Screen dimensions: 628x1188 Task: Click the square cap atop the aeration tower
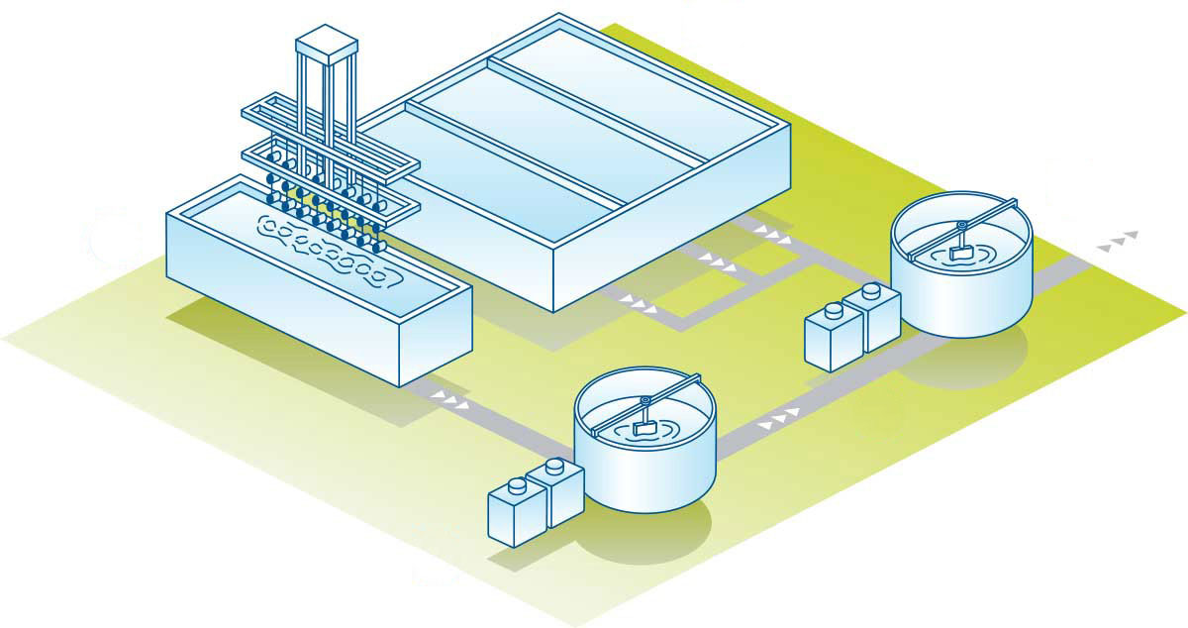click(x=327, y=42)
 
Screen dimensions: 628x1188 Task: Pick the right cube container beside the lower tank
click(x=556, y=491)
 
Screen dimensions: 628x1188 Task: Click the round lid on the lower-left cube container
click(x=516, y=485)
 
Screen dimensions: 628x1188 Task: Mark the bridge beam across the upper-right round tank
click(x=960, y=227)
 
